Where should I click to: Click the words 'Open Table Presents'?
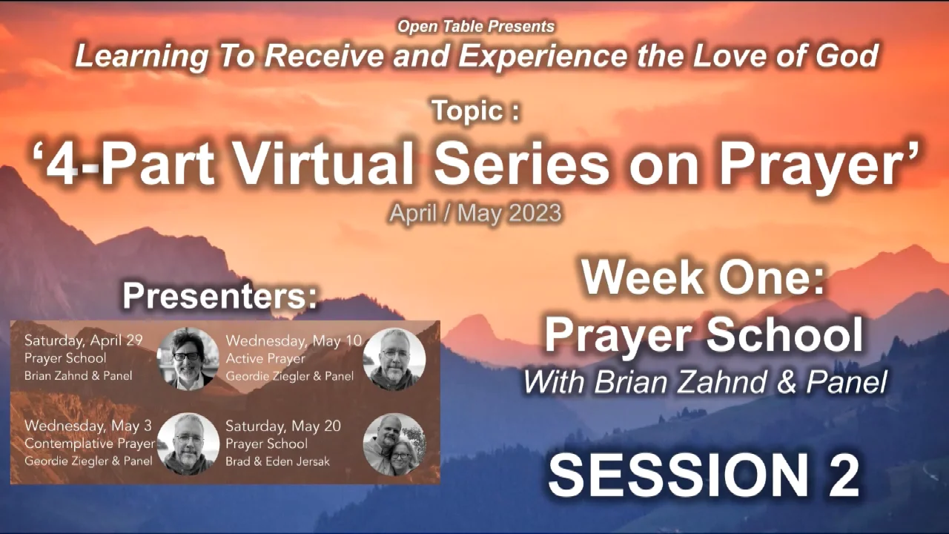[475, 27]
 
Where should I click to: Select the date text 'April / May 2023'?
[475, 214]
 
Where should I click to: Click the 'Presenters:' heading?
[219, 296]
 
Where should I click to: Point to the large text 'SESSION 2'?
[704, 475]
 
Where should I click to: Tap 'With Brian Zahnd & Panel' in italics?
[704, 383]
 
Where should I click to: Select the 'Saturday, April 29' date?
[83, 341]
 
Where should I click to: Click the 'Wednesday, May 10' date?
[294, 341]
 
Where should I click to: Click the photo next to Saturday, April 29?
[188, 359]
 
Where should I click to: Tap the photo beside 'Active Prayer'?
[394, 359]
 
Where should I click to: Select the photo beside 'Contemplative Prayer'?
[188, 444]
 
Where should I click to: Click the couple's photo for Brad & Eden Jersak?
[394, 444]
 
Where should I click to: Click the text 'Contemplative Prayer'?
[90, 444]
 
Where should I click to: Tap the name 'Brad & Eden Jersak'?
[279, 461]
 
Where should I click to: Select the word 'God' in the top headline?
[850, 56]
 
